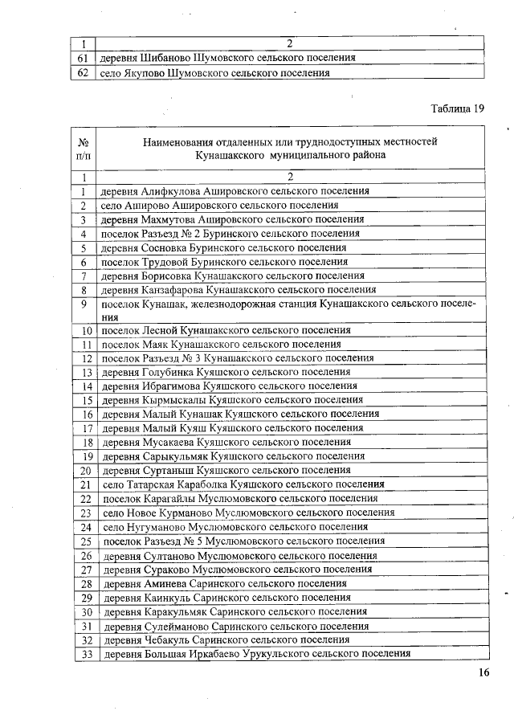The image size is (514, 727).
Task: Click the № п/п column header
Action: pyautogui.click(x=83, y=148)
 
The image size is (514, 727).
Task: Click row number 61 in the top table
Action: pyautogui.click(x=82, y=58)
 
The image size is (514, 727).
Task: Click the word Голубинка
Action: pyautogui.click(x=169, y=373)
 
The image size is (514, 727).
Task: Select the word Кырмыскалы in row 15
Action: pyautogui.click(x=173, y=400)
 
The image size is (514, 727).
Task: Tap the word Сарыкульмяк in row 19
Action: pyautogui.click(x=176, y=455)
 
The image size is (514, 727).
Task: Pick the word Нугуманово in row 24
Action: pyautogui.click(x=153, y=527)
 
